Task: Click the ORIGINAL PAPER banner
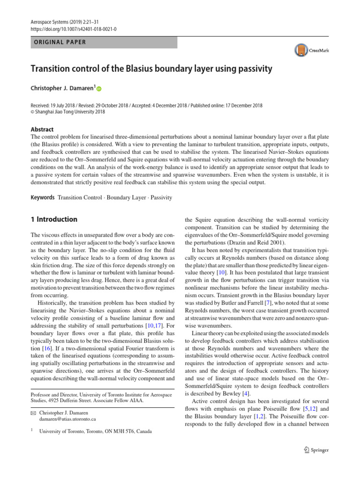tap(104, 42)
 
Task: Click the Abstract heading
tap(42, 129)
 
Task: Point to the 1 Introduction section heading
tap(54, 219)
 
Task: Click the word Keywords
tap(42, 198)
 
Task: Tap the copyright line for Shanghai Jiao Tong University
tap(68, 112)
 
